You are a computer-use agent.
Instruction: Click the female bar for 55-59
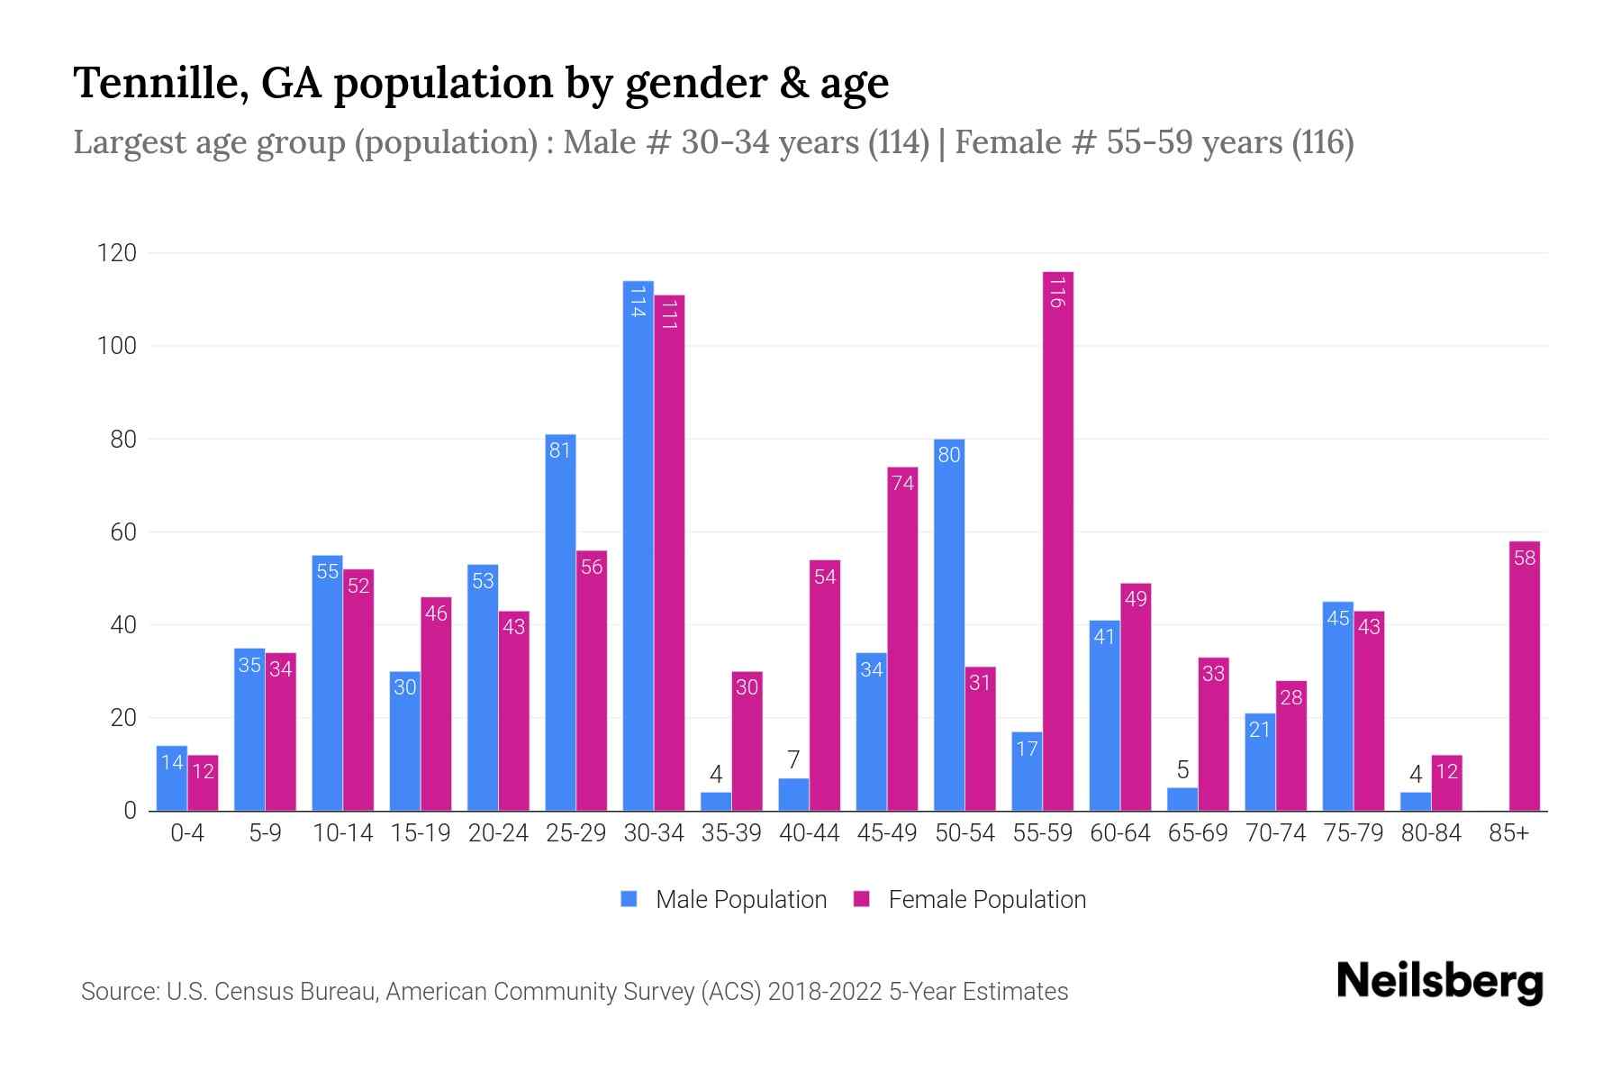(1057, 540)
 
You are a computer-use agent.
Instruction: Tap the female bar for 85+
(1524, 676)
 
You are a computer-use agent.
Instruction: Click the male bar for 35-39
(716, 802)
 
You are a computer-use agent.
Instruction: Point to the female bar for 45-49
(902, 639)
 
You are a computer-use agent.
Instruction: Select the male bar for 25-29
(560, 622)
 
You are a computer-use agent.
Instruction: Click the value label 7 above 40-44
(793, 760)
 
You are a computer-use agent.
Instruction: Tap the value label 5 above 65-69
(1182, 770)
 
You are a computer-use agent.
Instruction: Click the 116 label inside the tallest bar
(1057, 292)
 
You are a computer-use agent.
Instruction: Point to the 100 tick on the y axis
(117, 346)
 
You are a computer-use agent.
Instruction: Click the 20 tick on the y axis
(123, 718)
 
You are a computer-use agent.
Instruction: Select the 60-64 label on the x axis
(1119, 833)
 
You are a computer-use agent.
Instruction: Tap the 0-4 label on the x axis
(187, 833)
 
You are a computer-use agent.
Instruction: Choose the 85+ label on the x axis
(1508, 833)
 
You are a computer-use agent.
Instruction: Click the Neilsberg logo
(1439, 982)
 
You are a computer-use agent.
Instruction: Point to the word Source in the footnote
(119, 992)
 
